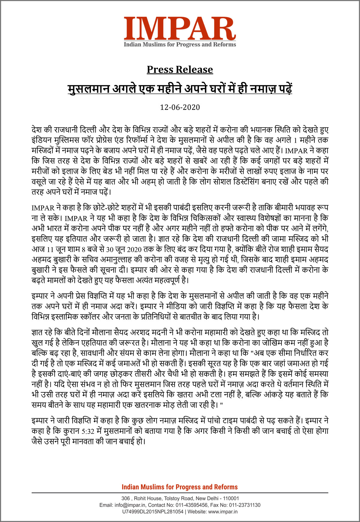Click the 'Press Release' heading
tap(180, 70)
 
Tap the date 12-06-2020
tap(180, 107)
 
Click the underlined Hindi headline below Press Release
tap(180, 89)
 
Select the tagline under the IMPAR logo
tap(180, 45)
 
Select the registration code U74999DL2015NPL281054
tap(152, 511)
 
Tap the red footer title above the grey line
tap(180, 487)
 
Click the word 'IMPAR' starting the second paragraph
tap(43, 208)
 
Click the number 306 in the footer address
tap(125, 498)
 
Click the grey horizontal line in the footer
tap(180, 493)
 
